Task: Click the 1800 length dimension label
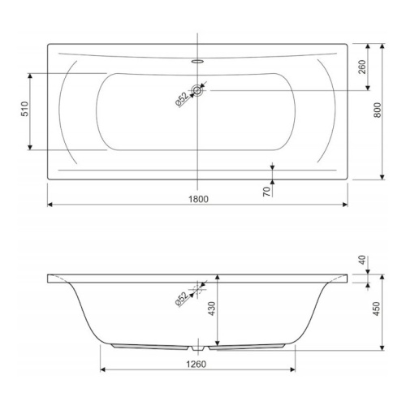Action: coord(198,199)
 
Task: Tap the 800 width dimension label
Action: coord(377,110)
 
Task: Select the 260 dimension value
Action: coord(362,67)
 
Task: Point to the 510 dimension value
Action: coord(25,109)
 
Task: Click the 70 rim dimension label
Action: coord(267,192)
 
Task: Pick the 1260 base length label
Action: coord(197,364)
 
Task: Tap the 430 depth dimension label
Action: coord(212,309)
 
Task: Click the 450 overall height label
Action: coord(377,309)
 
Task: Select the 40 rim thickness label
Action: coord(362,260)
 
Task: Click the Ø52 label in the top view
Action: coord(182,100)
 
